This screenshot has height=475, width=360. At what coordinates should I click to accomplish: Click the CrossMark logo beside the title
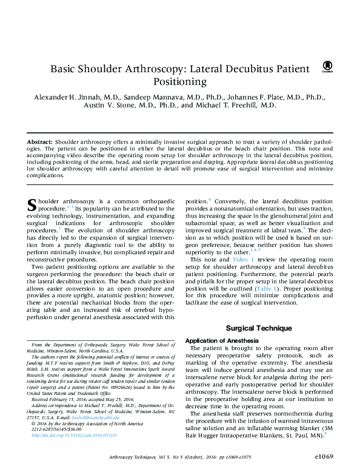[x=328, y=67]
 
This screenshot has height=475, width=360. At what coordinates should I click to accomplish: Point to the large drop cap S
[x=33, y=206]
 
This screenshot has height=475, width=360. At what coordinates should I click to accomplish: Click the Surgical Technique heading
[x=259, y=328]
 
